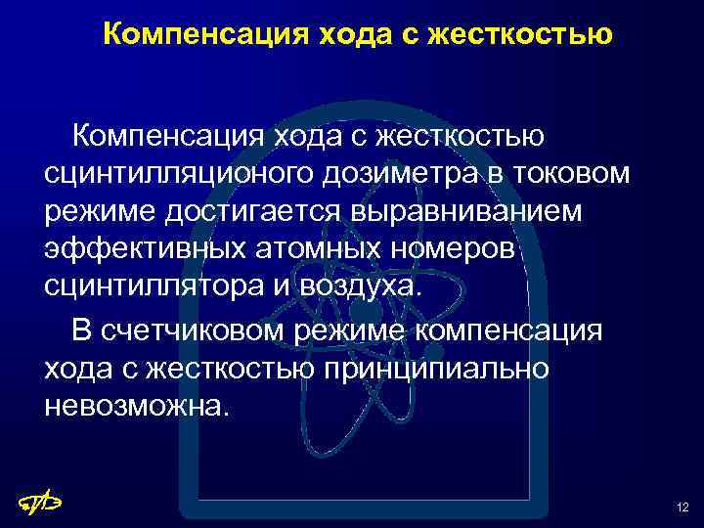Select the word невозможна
point(138,405)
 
